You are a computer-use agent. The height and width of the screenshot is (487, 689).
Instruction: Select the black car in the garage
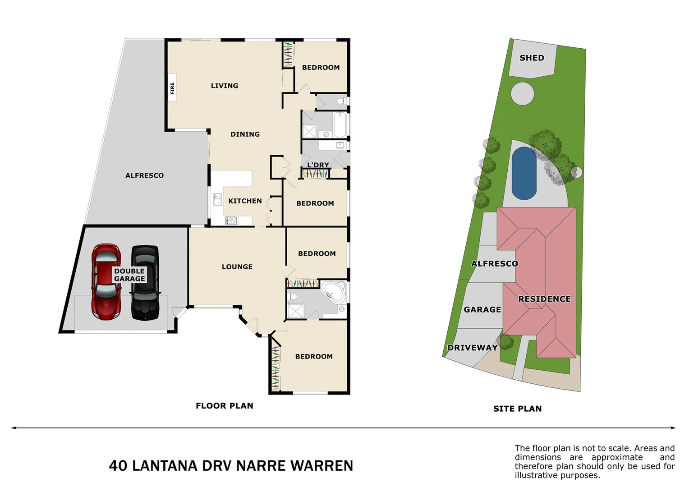tap(145, 283)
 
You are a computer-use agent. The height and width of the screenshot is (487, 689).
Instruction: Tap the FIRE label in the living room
tap(172, 88)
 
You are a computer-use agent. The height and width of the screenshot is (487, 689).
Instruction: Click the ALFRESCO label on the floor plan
tap(144, 175)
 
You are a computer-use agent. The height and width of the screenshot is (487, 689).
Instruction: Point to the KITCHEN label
tap(245, 201)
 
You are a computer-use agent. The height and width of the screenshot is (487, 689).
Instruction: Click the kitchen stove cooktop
tap(231, 221)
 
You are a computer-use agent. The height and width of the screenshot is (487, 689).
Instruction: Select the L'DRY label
tap(318, 165)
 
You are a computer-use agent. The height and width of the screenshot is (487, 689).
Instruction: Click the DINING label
tap(245, 134)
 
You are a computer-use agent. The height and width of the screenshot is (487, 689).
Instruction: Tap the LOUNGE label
tap(237, 267)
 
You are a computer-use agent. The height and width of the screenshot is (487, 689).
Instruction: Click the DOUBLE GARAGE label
tap(129, 275)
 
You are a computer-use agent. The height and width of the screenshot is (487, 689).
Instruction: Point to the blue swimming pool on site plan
tap(524, 174)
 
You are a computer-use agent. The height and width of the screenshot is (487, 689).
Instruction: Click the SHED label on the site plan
tap(532, 58)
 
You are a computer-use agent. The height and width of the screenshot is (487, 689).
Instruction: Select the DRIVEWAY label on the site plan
tap(472, 348)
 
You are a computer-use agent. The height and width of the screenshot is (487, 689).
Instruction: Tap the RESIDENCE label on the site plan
tap(544, 299)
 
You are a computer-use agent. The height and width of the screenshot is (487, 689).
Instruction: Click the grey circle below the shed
tap(523, 94)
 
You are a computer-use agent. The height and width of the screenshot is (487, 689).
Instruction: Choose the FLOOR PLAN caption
tap(224, 406)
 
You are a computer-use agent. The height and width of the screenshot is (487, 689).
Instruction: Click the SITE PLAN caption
tap(517, 409)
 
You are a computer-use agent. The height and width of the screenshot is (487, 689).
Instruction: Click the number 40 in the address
tap(118, 466)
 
